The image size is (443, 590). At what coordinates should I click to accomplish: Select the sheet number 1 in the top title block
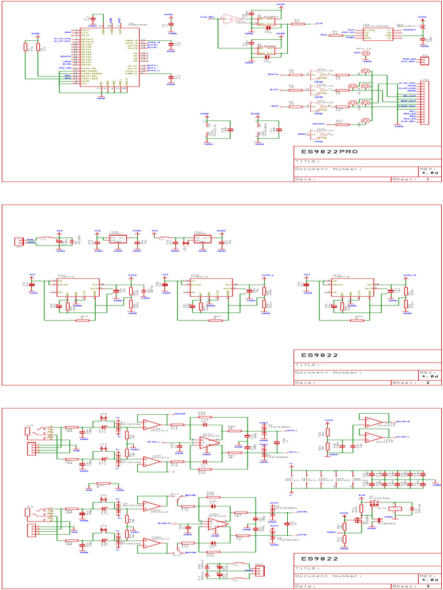(427, 179)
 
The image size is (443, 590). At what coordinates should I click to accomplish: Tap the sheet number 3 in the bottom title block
(427, 586)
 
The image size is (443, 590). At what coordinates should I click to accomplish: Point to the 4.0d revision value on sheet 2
(429, 376)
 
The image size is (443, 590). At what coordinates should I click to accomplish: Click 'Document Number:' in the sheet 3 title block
(328, 576)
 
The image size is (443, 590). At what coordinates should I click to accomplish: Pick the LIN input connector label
(29, 426)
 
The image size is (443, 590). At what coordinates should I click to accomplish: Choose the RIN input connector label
(29, 509)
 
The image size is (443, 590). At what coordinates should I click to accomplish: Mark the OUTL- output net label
(293, 452)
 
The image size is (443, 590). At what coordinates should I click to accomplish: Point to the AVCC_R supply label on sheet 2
(410, 275)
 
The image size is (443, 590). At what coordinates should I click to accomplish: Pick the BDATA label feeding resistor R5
(273, 74)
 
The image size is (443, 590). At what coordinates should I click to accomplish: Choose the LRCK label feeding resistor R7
(275, 106)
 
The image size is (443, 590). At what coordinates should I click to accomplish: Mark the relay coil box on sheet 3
(396, 508)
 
